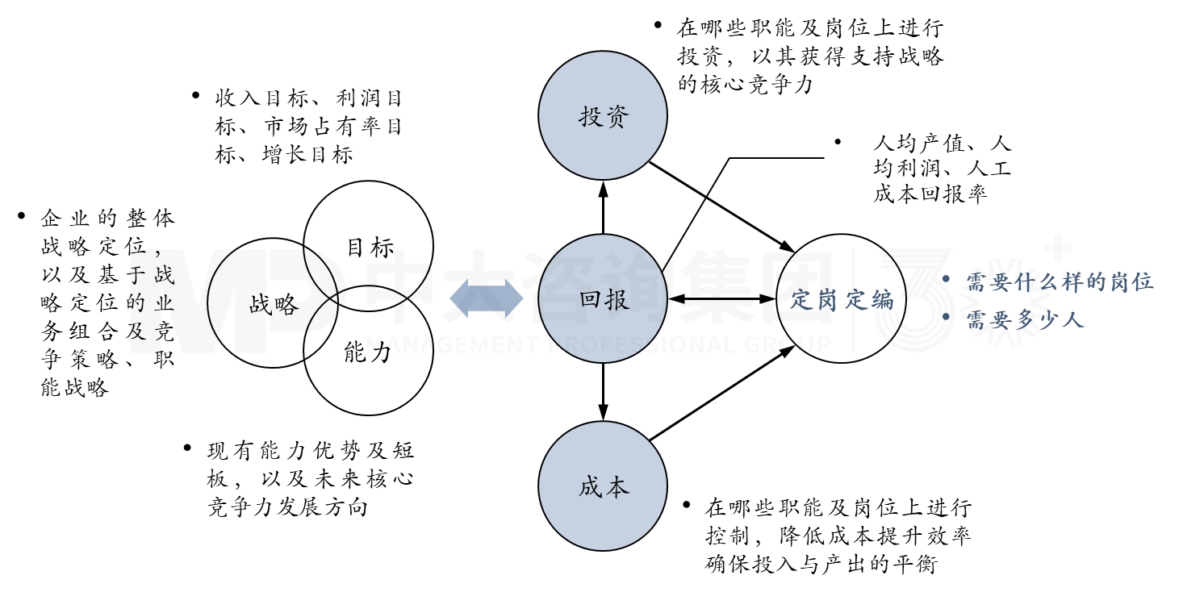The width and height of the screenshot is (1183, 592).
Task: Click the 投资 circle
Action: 603,118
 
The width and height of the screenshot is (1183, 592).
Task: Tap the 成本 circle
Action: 603,488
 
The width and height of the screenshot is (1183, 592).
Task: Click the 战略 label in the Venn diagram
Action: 274,304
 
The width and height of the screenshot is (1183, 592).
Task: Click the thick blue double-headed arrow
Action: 487,298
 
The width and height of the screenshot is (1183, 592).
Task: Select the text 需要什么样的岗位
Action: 1060,281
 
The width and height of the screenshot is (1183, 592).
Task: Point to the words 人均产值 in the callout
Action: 918,144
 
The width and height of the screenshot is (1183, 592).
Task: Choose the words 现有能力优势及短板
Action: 311,450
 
